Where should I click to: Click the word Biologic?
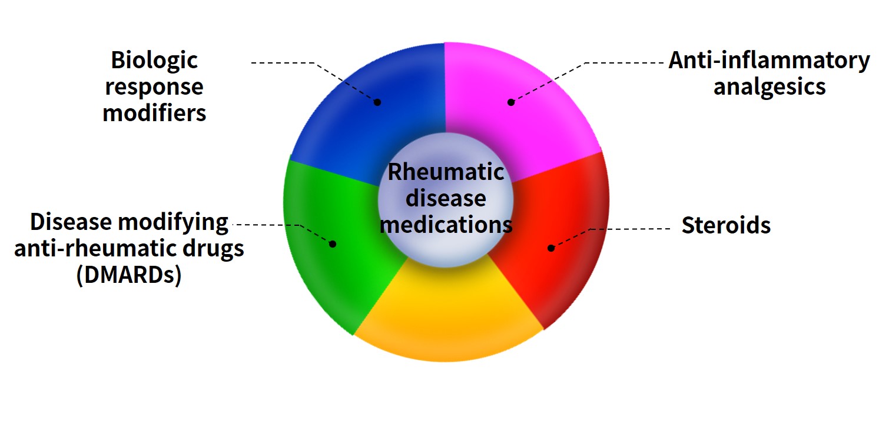click(154, 60)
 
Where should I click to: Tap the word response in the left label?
click(154, 86)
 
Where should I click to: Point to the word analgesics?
click(769, 86)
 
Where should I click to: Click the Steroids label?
click(726, 225)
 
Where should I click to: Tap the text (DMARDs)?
click(128, 275)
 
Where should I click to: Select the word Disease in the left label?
click(71, 222)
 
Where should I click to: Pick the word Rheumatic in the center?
click(446, 172)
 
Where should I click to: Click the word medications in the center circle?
click(446, 224)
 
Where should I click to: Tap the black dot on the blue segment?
click(377, 102)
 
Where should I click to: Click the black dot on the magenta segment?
click(511, 102)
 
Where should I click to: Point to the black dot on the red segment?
click(551, 248)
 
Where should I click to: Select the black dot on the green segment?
click(332, 243)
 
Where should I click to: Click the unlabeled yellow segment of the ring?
click(447, 318)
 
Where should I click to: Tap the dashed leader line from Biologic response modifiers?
click(283, 62)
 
